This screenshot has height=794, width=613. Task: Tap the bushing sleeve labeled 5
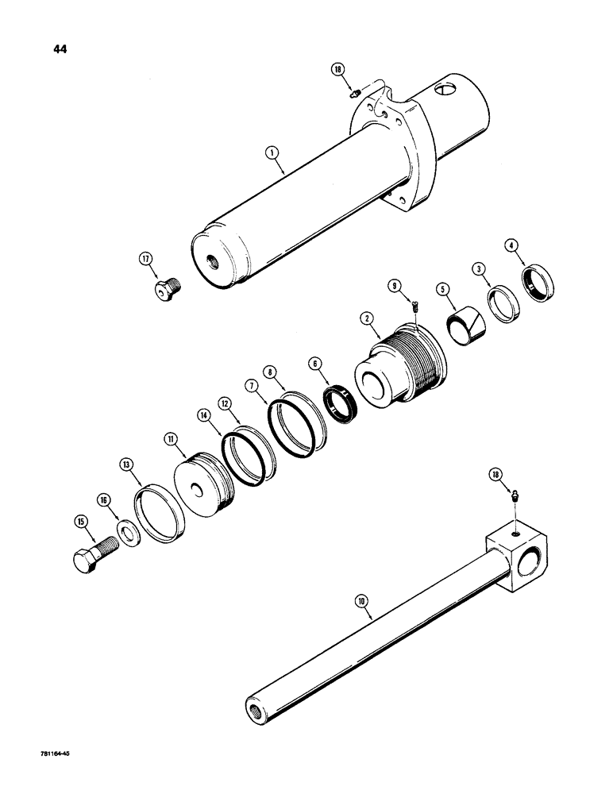pos(454,321)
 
